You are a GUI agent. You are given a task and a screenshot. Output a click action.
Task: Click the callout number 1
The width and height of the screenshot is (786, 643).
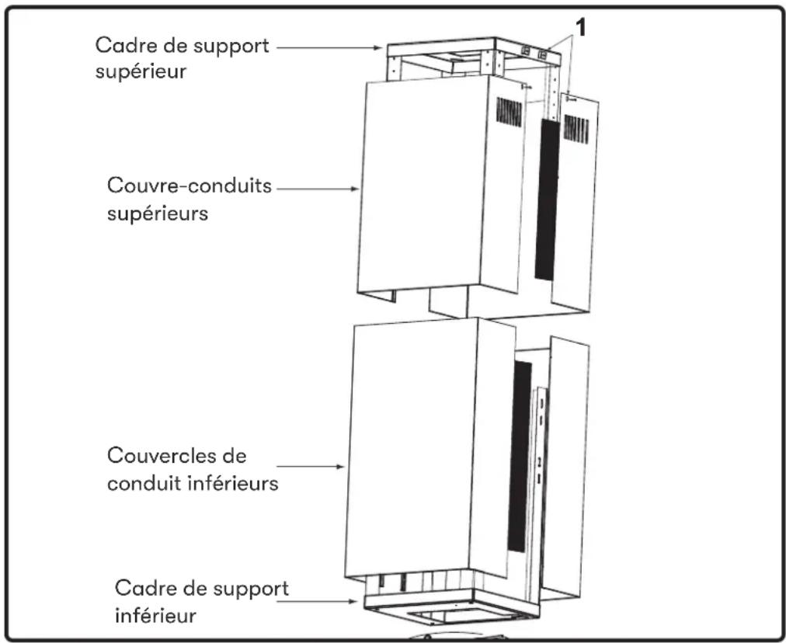tap(580, 28)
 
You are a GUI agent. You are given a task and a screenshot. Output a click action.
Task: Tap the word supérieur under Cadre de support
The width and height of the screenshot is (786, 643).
tap(141, 72)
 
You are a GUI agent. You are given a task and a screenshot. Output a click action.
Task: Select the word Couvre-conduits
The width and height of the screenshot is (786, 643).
tap(190, 186)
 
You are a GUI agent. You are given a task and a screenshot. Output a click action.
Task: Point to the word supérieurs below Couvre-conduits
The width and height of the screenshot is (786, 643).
tap(158, 214)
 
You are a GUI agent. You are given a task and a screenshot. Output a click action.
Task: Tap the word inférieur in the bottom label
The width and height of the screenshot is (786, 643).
tap(155, 615)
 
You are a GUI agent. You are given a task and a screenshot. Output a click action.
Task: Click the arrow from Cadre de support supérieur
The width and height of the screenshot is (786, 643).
tap(329, 48)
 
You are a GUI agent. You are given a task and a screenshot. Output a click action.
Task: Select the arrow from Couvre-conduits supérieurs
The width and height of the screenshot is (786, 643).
tap(318, 189)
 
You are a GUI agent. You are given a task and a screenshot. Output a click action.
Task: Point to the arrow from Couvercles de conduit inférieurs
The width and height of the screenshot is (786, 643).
tap(311, 467)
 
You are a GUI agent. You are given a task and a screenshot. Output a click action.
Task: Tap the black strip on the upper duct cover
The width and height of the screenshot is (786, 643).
tap(548, 199)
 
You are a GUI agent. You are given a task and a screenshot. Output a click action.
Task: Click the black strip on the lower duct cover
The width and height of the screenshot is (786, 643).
tap(520, 456)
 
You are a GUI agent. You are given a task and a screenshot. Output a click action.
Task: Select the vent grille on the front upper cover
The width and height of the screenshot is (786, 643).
tap(509, 112)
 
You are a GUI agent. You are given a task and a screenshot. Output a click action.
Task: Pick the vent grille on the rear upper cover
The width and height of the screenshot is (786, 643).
tap(576, 129)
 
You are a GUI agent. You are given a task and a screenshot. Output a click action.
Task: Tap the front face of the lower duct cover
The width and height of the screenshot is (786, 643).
tap(411, 447)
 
